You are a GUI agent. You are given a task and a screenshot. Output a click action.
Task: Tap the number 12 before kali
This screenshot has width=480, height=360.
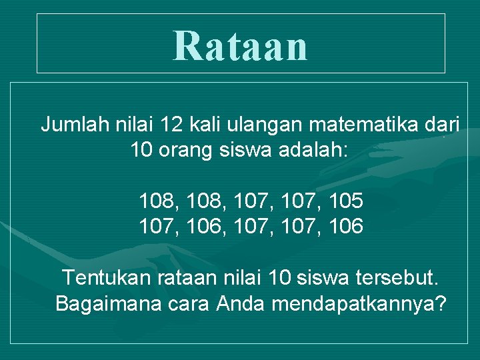(x=173, y=124)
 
